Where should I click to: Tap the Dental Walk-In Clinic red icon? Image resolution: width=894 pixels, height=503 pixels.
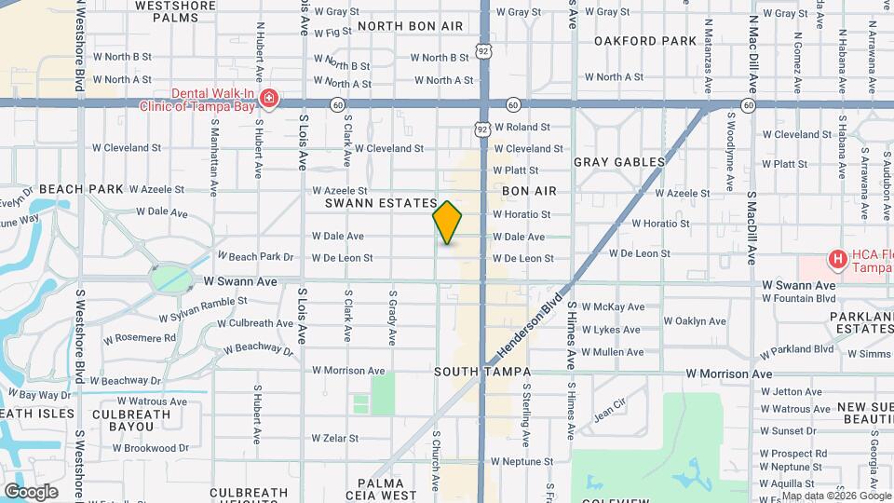point(269,99)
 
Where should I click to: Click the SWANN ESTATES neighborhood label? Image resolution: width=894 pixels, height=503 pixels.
point(381,203)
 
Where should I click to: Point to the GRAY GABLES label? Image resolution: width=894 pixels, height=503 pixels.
point(619,162)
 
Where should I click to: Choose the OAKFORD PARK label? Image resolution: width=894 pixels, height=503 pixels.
point(645,41)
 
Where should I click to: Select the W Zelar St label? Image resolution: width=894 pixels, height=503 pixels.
point(335,438)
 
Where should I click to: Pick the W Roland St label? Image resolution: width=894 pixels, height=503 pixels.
point(522,127)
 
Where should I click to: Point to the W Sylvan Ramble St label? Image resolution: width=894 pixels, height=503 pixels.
point(203,301)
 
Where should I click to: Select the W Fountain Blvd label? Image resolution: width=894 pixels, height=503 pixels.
point(798,298)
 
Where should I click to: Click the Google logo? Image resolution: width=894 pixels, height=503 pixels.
point(30,492)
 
